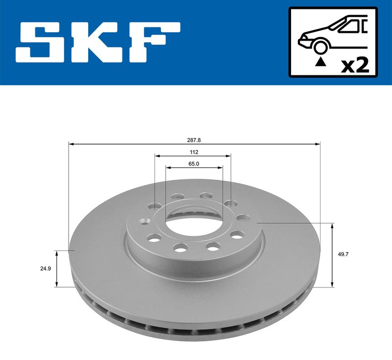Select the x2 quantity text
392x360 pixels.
coord(355,65)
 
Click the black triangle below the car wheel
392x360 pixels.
coord(321,62)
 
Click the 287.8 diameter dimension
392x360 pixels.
coord(194,140)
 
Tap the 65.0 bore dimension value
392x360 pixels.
coord(194,164)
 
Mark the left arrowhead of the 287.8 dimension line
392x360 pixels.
coord(71,144)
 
